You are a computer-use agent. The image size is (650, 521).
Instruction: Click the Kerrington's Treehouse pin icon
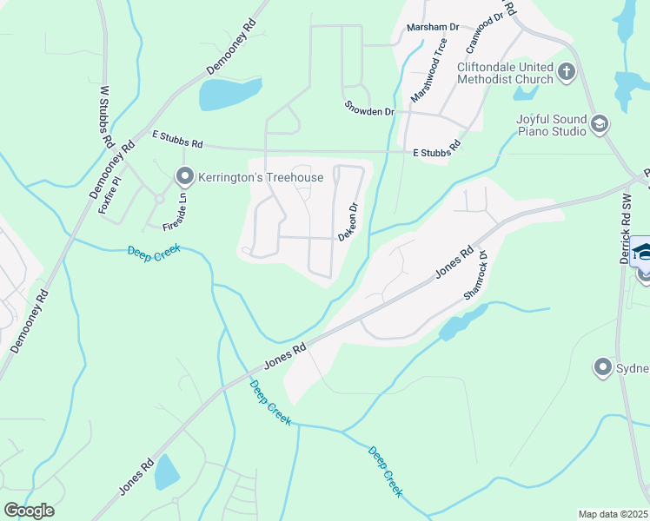click(x=184, y=177)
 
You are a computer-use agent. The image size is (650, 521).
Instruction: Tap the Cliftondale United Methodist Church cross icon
click(x=567, y=71)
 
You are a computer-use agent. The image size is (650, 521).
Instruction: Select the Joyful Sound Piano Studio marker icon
click(x=599, y=124)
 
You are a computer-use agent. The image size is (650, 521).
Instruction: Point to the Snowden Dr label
click(x=369, y=111)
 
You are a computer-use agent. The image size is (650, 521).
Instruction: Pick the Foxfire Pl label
click(x=109, y=194)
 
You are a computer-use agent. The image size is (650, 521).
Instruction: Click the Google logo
click(x=30, y=511)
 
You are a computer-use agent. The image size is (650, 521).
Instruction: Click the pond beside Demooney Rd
click(x=229, y=93)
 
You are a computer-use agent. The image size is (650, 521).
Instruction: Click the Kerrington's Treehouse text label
click(x=261, y=178)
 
